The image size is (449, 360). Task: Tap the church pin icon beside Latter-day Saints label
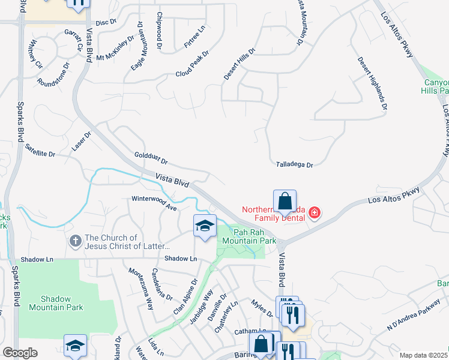pos(75,241)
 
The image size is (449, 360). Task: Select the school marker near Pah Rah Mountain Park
pos(205,226)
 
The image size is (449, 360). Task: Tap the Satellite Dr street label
pos(40,150)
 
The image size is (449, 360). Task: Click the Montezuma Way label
pos(142,287)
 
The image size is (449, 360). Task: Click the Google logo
pos(20,353)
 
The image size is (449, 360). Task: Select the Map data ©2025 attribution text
pos(424,355)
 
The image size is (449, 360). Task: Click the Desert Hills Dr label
pos(240,64)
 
